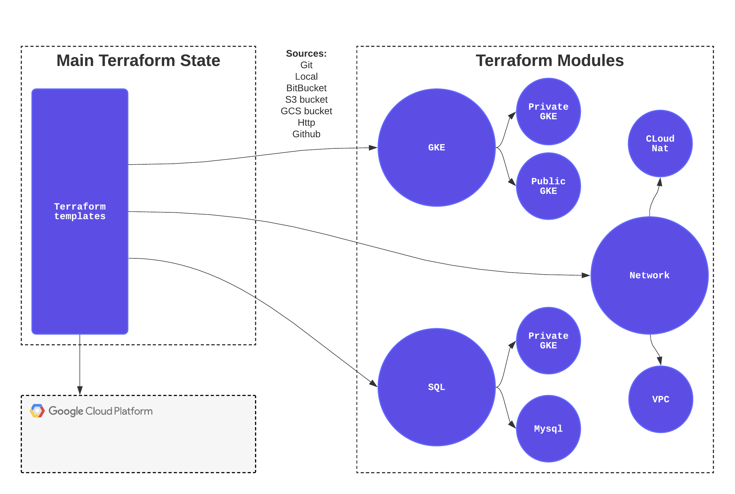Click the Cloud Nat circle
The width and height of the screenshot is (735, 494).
[x=660, y=144]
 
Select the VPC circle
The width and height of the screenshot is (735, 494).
[x=660, y=399]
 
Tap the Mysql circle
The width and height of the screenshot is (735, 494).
[x=548, y=428]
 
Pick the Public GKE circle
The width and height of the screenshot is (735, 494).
[x=548, y=186]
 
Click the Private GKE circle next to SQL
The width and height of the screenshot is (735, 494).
[x=548, y=341]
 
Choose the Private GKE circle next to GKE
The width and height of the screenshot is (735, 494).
[x=548, y=111]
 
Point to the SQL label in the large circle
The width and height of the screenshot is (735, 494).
[x=436, y=387]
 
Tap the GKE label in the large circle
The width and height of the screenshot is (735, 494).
[x=436, y=148]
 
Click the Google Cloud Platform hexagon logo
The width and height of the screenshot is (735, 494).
[x=37, y=411]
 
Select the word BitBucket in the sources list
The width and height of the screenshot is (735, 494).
[x=306, y=88]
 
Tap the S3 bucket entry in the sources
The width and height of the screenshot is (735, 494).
[x=306, y=99]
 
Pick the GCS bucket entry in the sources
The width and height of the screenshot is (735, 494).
[x=306, y=111]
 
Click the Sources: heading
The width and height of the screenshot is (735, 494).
[x=306, y=53]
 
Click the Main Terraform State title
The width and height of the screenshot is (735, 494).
[x=138, y=61]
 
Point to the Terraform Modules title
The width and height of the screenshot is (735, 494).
[x=549, y=61]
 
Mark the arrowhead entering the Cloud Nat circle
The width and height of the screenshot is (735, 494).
[x=659, y=182]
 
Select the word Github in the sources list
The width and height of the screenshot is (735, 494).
[x=306, y=134]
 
